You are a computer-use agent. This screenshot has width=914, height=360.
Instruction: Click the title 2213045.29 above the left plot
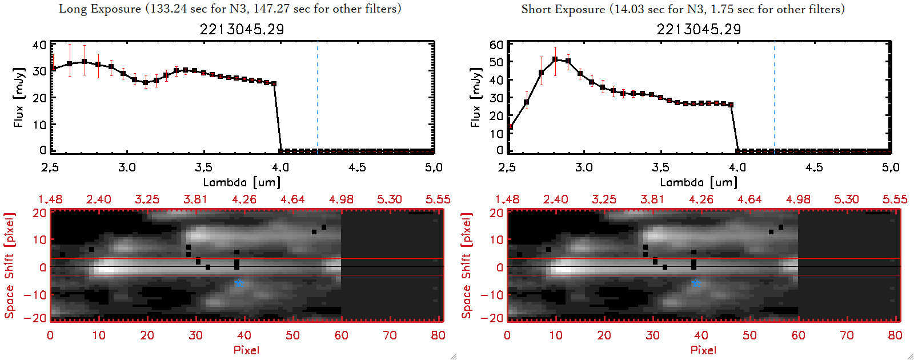(242, 29)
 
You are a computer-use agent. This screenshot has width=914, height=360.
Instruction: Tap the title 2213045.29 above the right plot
(699, 29)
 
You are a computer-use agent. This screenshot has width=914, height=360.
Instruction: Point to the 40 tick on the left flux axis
(39, 45)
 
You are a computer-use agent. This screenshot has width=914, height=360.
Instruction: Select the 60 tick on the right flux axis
(496, 45)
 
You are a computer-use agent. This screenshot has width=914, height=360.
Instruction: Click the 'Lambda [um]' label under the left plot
(242, 182)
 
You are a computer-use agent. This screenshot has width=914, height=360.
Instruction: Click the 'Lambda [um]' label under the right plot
(699, 182)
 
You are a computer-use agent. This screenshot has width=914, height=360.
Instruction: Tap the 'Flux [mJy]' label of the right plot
(476, 97)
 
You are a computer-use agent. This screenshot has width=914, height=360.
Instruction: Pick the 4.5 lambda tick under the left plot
(357, 167)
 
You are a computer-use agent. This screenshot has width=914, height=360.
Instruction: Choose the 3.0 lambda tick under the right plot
(584, 167)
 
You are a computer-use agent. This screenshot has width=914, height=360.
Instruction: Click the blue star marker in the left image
(239, 283)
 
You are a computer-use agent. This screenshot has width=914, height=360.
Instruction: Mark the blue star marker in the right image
(696, 283)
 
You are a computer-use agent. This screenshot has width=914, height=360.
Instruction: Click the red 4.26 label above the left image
(244, 199)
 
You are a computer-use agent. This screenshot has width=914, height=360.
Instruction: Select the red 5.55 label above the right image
(895, 199)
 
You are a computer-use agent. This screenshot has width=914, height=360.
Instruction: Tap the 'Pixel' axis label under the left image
(246, 350)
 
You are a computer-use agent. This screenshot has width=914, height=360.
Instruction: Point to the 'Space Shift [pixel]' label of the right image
(467, 266)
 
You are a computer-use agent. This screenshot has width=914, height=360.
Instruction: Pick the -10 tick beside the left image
(38, 294)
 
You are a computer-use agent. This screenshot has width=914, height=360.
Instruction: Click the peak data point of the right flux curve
(555, 59)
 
